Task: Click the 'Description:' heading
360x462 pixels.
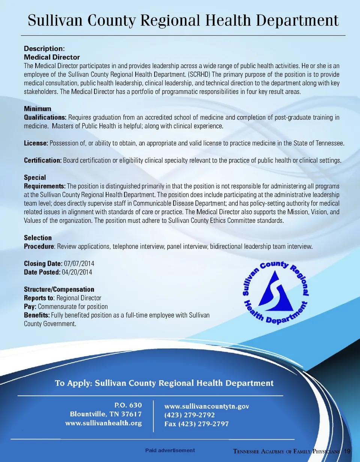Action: pyautogui.click(x=45, y=49)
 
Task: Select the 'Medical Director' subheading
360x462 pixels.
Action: pyautogui.click(x=52, y=57)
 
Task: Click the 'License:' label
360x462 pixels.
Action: pyautogui.click(x=36, y=144)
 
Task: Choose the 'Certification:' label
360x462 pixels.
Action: pyautogui.click(x=43, y=161)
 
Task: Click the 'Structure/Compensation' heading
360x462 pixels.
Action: pyautogui.click(x=59, y=289)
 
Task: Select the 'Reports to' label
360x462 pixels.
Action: pyautogui.click(x=39, y=298)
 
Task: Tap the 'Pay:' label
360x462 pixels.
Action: pyautogui.click(x=30, y=306)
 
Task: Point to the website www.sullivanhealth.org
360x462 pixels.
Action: pyautogui.click(x=103, y=423)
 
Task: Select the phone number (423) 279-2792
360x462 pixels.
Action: pyautogui.click(x=190, y=415)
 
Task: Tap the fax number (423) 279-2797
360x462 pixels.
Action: pyautogui.click(x=196, y=424)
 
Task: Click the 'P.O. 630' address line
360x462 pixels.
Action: pyautogui.click(x=128, y=405)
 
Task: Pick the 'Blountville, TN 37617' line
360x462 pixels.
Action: pyautogui.click(x=106, y=414)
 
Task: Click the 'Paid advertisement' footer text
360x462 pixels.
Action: pyautogui.click(x=170, y=450)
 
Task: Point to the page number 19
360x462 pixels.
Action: pyautogui.click(x=347, y=450)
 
